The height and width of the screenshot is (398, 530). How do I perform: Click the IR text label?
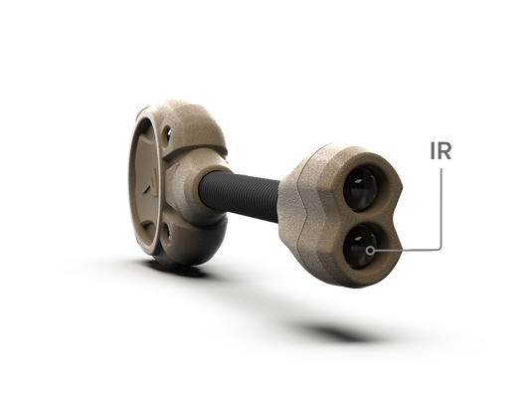441,151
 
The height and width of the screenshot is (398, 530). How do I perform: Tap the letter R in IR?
444,151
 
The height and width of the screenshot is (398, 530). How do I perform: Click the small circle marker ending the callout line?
371,251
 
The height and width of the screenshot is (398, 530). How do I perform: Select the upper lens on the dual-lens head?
362,188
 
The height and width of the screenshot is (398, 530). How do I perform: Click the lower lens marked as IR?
360,246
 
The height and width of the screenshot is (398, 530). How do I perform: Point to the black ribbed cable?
241,196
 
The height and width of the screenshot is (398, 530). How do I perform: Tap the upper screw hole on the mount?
166,134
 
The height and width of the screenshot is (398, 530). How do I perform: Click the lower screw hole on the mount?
167,234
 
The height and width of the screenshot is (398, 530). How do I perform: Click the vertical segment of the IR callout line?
441,207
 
